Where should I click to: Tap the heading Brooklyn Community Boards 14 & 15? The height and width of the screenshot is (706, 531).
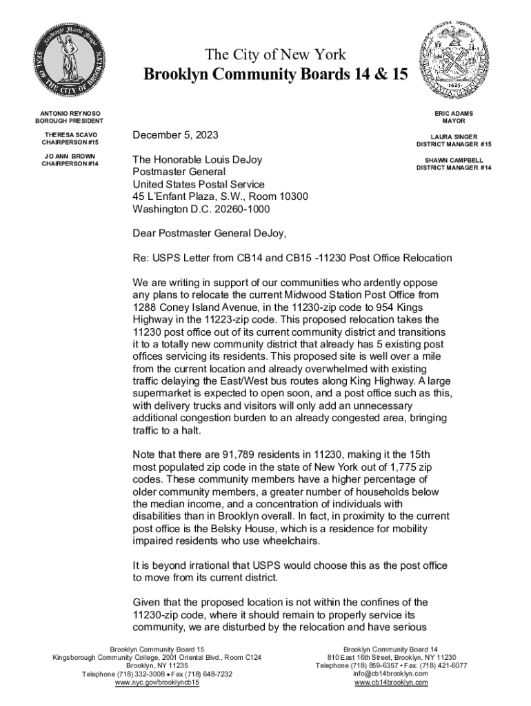[275, 75]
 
